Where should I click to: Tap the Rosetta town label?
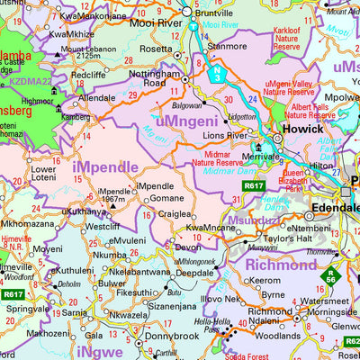click(x=156, y=49)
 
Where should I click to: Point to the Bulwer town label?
click(x=112, y=283)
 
